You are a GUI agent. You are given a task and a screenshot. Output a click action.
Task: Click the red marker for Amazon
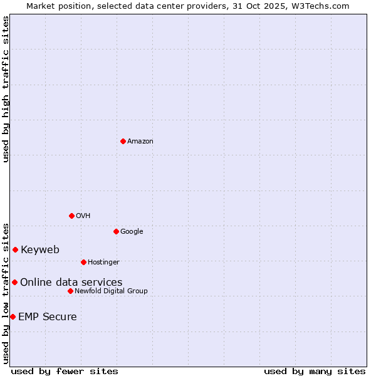pyautogui.click(x=123, y=141)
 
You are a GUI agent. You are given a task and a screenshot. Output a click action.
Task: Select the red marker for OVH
pyautogui.click(x=71, y=216)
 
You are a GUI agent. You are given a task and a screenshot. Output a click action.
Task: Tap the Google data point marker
pyautogui.click(x=116, y=231)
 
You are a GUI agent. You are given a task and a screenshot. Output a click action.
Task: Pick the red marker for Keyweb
pyautogui.click(x=15, y=249)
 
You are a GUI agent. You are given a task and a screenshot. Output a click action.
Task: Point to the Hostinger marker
pyautogui.click(x=83, y=262)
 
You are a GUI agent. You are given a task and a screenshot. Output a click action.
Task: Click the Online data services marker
pyautogui.click(x=14, y=282)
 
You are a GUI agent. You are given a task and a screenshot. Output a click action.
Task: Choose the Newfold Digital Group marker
pyautogui.click(x=70, y=291)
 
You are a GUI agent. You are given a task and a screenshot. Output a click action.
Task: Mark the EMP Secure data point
pyautogui.click(x=13, y=316)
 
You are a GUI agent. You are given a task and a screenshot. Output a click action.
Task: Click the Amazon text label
pyautogui.click(x=140, y=142)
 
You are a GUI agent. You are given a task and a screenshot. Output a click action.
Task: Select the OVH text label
pyautogui.click(x=83, y=216)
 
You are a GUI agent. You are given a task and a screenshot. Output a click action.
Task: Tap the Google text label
pyautogui.click(x=132, y=232)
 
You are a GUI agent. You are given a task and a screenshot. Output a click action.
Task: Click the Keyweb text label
pyautogui.click(x=40, y=250)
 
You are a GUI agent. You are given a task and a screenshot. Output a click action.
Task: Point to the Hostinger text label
pyautogui.click(x=103, y=262)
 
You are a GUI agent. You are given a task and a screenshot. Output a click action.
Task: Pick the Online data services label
pyautogui.click(x=71, y=283)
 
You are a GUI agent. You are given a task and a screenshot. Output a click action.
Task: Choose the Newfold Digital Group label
pyautogui.click(x=111, y=291)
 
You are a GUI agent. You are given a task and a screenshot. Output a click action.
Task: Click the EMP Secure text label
pyautogui.click(x=48, y=317)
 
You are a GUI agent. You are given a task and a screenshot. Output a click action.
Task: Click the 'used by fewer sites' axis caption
pyautogui.click(x=65, y=371)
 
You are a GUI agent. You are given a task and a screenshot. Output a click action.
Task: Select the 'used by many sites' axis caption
pyautogui.click(x=315, y=371)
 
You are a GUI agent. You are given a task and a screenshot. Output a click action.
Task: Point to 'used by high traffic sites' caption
pyautogui.click(x=6, y=89)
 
